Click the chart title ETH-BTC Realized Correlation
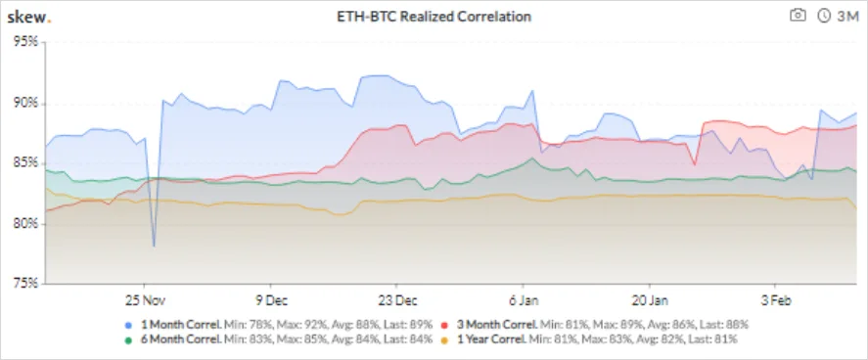pos(434,17)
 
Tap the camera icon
pos(798,16)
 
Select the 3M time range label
pos(847,16)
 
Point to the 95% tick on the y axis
pos(26,43)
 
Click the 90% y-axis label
pos(26,104)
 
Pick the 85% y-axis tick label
pos(26,163)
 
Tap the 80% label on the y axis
pos(26,224)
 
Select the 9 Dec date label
pos(271,301)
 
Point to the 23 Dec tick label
pos(396,301)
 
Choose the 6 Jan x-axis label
pos(523,301)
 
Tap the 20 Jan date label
pos(649,301)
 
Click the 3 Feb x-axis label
pos(775,301)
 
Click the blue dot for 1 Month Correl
pos(128,325)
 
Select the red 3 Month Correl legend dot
pos(445,325)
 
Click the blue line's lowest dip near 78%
pos(154,247)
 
